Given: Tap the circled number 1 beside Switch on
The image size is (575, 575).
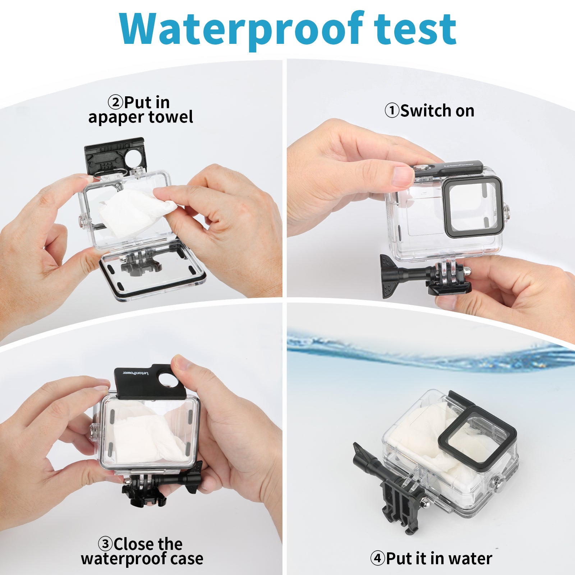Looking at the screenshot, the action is pos(392,111).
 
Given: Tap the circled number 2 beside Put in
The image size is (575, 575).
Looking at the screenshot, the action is pos(115,102).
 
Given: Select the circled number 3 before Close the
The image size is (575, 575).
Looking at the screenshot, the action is pos(105,544).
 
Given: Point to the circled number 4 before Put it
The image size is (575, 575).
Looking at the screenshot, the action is pos(378,558).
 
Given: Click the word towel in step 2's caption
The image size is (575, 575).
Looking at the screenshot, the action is pos(171,117).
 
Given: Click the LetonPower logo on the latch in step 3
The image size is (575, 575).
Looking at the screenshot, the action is pos(135,373).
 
